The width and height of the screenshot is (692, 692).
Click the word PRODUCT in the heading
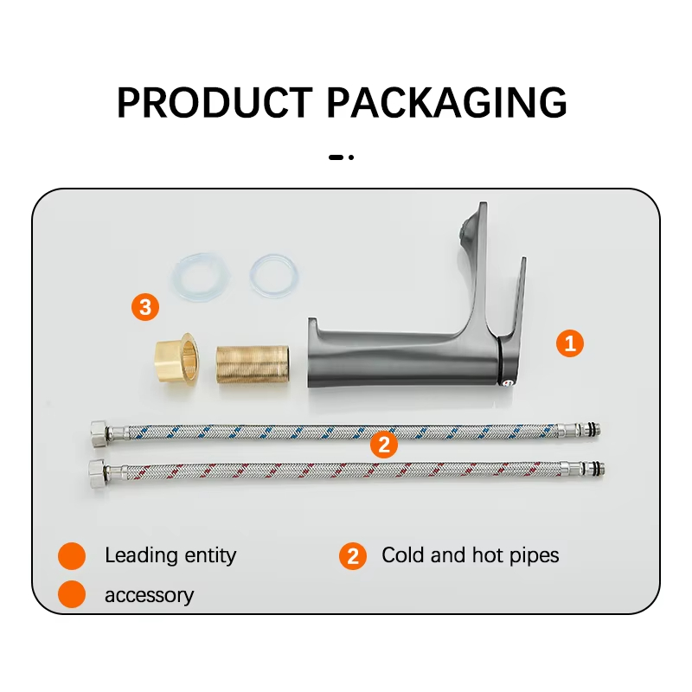pyautogui.click(x=215, y=102)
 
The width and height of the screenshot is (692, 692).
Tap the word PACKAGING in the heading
pyautogui.click(x=446, y=102)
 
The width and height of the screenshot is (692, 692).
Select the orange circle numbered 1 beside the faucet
pyautogui.click(x=570, y=343)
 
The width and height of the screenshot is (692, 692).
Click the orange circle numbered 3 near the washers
pyautogui.click(x=145, y=307)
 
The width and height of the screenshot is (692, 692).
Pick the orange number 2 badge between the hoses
pyautogui.click(x=384, y=444)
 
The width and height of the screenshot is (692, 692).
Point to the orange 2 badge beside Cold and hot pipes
pyautogui.click(x=353, y=556)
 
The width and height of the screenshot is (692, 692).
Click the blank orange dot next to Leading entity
pyautogui.click(x=72, y=555)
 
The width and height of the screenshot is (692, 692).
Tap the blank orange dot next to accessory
pyautogui.click(x=72, y=594)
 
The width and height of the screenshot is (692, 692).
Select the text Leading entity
pyautogui.click(x=170, y=555)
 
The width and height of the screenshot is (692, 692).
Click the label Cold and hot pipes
pyautogui.click(x=471, y=554)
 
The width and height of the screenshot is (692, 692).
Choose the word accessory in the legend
pyautogui.click(x=149, y=595)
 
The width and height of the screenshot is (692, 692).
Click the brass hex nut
pyautogui.click(x=176, y=359)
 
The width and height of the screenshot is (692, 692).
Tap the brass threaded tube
pyautogui.click(x=253, y=364)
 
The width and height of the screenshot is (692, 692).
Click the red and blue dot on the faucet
pyautogui.click(x=508, y=382)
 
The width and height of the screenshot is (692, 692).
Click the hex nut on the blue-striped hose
pyautogui.click(x=99, y=433)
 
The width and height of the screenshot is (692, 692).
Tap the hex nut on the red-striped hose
pyautogui.click(x=98, y=473)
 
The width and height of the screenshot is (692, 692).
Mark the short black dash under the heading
pyautogui.click(x=336, y=157)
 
